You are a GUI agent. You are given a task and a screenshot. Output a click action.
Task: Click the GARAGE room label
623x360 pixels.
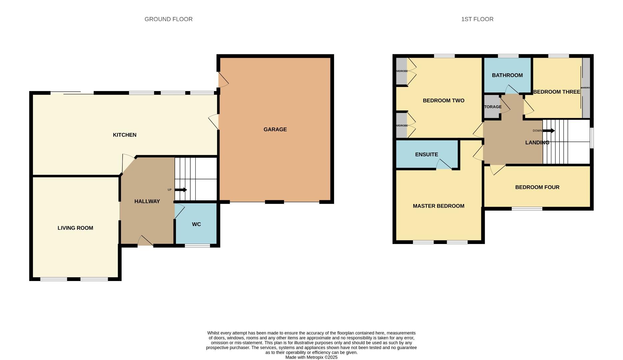275,129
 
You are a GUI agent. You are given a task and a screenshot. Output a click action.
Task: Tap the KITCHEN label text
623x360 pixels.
124,135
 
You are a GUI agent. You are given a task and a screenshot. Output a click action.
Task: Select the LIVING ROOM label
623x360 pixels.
75,228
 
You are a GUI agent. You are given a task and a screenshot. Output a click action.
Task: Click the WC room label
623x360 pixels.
196,224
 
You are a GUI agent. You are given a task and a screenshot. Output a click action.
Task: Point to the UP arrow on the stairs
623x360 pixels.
181,190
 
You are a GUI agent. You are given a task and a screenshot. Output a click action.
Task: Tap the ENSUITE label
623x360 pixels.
426,154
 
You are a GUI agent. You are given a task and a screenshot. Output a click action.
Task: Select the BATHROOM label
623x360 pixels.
507,75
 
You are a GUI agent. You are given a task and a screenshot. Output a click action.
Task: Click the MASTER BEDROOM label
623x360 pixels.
438,206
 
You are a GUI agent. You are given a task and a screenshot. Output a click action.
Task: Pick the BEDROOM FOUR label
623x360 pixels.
537,187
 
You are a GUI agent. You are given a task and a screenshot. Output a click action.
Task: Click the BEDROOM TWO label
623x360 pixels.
443,100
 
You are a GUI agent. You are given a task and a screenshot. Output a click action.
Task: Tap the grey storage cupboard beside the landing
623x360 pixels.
492,107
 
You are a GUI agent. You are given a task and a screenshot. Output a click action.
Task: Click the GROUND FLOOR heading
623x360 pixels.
168,19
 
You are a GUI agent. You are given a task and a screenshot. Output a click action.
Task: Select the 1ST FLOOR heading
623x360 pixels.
477,19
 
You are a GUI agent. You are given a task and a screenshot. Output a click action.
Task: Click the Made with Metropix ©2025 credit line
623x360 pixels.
311,357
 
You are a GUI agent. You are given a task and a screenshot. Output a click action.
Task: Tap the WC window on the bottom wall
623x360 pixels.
197,246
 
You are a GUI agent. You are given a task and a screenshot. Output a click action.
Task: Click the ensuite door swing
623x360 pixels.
444,165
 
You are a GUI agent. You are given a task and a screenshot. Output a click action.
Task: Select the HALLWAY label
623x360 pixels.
147,201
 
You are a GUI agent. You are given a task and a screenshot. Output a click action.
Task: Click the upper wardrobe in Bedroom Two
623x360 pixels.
401,71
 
